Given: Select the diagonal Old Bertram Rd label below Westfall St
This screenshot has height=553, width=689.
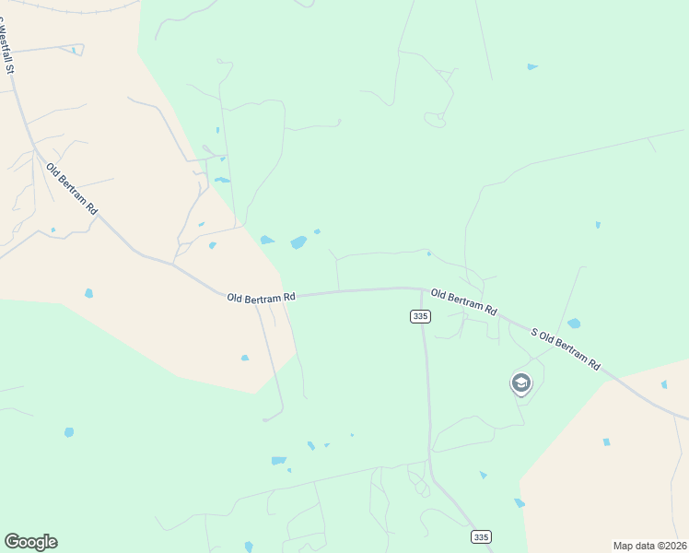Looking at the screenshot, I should click(x=72, y=188).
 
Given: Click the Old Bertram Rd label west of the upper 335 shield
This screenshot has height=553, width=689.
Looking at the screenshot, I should click(x=262, y=297).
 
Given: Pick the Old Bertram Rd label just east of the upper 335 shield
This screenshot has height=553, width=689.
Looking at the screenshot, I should click(x=464, y=301).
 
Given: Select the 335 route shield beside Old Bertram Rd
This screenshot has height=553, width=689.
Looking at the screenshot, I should click(x=420, y=316).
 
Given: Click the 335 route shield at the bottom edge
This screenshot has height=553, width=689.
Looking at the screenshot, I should click(x=480, y=536).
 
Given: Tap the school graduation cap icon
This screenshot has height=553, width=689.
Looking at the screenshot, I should click(x=521, y=382).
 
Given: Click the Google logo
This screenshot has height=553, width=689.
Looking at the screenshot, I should click(x=30, y=542).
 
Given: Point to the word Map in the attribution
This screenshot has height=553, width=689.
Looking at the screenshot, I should click(x=624, y=545).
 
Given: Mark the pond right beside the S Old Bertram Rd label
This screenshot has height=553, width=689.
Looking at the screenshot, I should click(x=574, y=324).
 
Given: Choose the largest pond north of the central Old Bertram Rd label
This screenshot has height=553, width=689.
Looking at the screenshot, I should click(x=298, y=242).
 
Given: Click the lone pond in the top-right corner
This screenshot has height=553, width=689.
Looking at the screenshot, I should click(x=532, y=66).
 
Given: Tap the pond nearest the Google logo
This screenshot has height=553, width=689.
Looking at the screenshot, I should click(x=69, y=431).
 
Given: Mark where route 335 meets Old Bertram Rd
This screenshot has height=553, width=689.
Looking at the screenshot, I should click(x=422, y=289).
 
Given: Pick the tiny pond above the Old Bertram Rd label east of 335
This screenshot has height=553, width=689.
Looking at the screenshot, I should click(x=429, y=253).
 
